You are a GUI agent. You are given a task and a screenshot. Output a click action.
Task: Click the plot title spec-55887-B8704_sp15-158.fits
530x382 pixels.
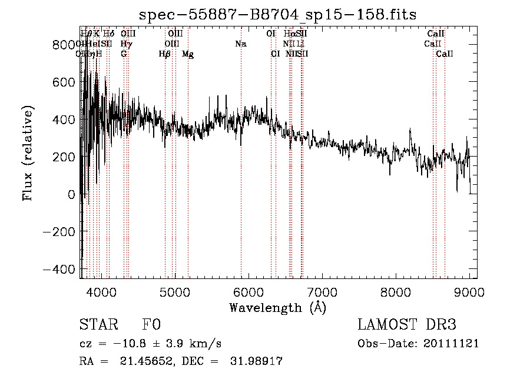pyautogui.click(x=277, y=15)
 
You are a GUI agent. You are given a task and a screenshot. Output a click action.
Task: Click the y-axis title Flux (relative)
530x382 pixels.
pyautogui.click(x=28, y=153)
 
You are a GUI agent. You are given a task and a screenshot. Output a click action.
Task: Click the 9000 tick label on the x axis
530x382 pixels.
pyautogui.click(x=469, y=291)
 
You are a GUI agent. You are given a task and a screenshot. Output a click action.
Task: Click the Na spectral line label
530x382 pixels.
pyautogui.click(x=240, y=44)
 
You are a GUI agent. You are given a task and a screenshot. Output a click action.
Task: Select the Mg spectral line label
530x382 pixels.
pyautogui.click(x=188, y=54)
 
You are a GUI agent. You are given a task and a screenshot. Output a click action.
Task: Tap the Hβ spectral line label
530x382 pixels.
pyautogui.click(x=165, y=54)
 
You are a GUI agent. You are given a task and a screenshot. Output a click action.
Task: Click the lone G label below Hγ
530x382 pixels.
pyautogui.click(x=124, y=54)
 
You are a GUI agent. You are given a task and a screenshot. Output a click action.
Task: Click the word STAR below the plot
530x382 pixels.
pyautogui.click(x=98, y=325)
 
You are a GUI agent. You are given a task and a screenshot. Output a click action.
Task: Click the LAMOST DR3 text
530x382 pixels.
pyautogui.click(x=407, y=325)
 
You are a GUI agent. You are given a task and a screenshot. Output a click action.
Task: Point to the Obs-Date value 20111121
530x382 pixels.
pyautogui.click(x=452, y=344)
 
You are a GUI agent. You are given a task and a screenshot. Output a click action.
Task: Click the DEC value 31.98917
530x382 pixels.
pyautogui.click(x=256, y=361)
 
